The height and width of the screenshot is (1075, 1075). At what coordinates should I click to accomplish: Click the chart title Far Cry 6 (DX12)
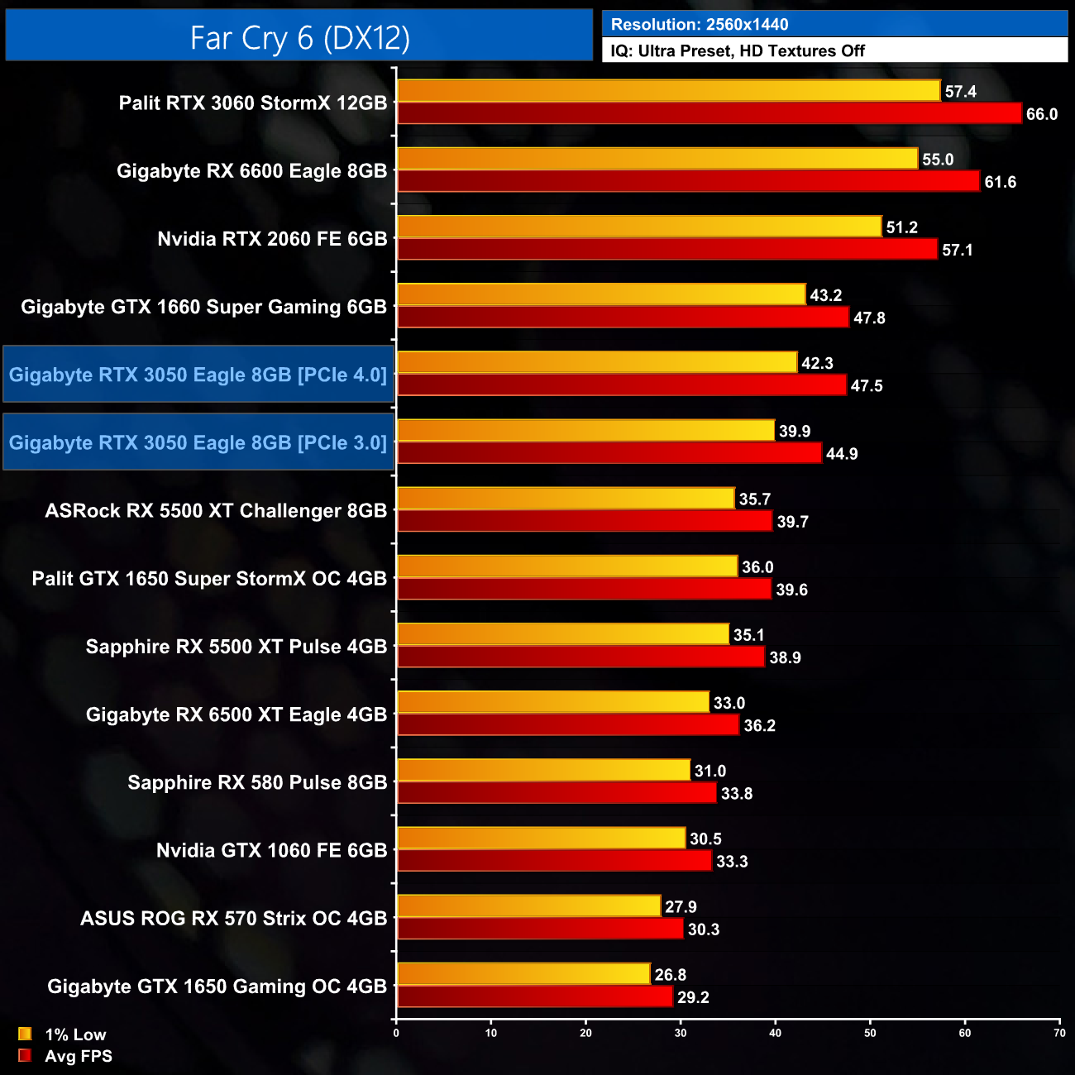click(299, 37)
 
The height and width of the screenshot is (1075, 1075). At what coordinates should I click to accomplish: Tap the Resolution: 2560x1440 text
click(700, 25)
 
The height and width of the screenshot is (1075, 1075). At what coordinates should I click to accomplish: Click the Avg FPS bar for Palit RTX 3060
click(709, 113)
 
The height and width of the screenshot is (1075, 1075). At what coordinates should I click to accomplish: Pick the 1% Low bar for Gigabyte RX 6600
click(657, 159)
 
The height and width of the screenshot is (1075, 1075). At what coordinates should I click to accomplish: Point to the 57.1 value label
click(958, 250)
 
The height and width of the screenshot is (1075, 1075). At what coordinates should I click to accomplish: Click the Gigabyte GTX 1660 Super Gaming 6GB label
click(203, 307)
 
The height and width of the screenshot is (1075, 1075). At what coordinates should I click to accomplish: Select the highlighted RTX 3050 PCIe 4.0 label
click(198, 375)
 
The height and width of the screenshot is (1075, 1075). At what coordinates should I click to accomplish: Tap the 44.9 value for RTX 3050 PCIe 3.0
click(842, 454)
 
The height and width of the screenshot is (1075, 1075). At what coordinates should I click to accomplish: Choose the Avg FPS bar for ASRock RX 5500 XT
click(585, 521)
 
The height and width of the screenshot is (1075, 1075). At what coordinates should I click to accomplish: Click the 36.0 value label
click(757, 567)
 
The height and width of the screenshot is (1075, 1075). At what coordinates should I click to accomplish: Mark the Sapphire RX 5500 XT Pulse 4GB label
click(236, 647)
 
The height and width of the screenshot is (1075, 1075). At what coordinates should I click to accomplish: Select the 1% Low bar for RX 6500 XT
click(553, 702)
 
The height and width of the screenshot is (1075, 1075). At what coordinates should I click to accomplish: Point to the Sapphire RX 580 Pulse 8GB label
click(257, 782)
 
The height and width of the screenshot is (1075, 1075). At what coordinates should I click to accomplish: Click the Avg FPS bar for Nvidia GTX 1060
click(554, 861)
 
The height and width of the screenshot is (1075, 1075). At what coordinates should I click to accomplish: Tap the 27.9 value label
click(681, 907)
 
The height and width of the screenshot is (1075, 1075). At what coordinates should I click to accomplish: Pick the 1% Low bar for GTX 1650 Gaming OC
click(523, 974)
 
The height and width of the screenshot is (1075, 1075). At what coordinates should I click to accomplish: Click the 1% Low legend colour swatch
click(25, 1034)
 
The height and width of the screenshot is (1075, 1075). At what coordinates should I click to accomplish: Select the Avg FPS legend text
click(79, 1056)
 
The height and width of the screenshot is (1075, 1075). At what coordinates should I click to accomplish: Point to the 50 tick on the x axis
click(870, 1033)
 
